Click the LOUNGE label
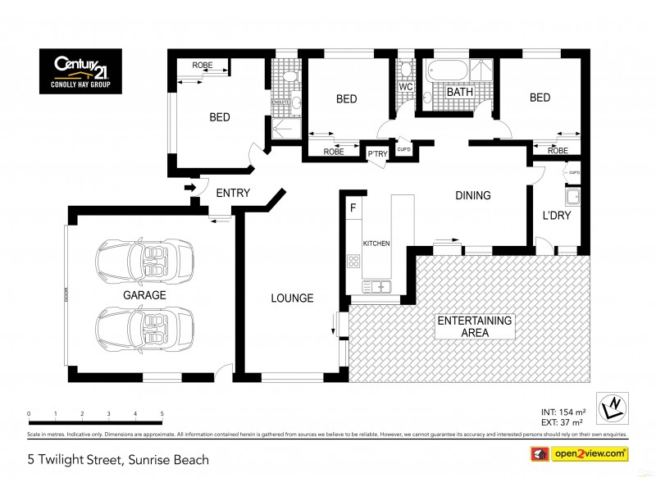[x=292, y=298]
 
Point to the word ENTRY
[x=233, y=194]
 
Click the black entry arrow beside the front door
[x=191, y=189]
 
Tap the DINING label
[x=473, y=196]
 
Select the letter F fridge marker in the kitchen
[x=353, y=208]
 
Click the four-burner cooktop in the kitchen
[x=354, y=262]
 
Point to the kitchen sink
[x=379, y=286]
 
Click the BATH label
[x=459, y=93]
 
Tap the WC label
[x=404, y=86]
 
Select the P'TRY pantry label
[x=376, y=154]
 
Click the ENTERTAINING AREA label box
[x=474, y=326]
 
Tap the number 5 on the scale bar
[x=162, y=414]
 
